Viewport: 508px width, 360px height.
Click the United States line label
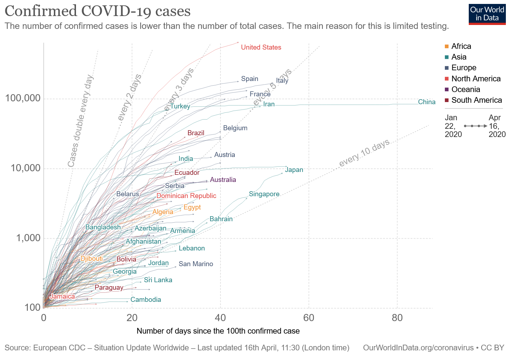[261, 47]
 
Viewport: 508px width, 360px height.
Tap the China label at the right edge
[427, 102]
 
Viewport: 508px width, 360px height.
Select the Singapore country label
[264, 194]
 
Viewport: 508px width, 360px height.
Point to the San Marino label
[196, 264]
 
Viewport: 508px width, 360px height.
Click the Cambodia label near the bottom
[146, 300]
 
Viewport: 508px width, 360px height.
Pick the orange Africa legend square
[447, 46]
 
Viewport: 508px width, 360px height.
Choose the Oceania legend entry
[466, 89]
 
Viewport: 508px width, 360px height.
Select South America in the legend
[477, 100]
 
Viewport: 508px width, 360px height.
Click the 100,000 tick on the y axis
[23, 98]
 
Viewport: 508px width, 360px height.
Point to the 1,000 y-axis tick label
[28, 238]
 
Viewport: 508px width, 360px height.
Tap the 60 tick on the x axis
[309, 318]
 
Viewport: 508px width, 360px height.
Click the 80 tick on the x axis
[397, 318]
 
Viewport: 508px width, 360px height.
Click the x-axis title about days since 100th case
[218, 331]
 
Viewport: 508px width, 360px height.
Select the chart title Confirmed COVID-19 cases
[97, 11]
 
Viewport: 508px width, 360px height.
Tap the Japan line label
[294, 170]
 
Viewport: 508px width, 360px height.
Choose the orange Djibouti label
[91, 259]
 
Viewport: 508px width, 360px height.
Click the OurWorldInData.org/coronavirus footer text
[418, 348]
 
